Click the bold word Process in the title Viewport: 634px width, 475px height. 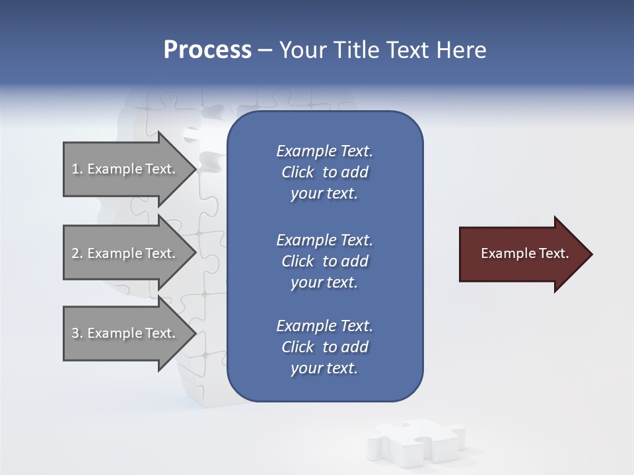(x=207, y=50)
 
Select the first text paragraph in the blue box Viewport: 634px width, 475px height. (x=324, y=172)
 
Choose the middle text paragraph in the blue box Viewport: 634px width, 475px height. (x=324, y=261)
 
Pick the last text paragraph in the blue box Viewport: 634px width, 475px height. (x=324, y=347)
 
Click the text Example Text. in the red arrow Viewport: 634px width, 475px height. (x=524, y=253)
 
